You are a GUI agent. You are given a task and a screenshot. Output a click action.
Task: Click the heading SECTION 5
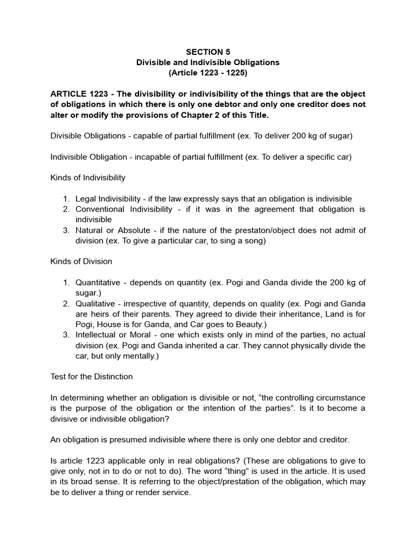coord(208,52)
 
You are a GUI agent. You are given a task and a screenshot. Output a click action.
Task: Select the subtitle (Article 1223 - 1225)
coord(208,73)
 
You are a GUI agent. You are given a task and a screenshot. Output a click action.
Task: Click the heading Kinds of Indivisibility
coord(88,178)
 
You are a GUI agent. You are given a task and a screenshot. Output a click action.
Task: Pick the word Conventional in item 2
coord(99,209)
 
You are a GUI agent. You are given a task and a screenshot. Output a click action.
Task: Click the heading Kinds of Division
coord(81,261)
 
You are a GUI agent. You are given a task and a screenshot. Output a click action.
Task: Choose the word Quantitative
coord(98,282)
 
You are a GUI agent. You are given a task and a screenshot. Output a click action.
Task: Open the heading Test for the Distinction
coord(92,376)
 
